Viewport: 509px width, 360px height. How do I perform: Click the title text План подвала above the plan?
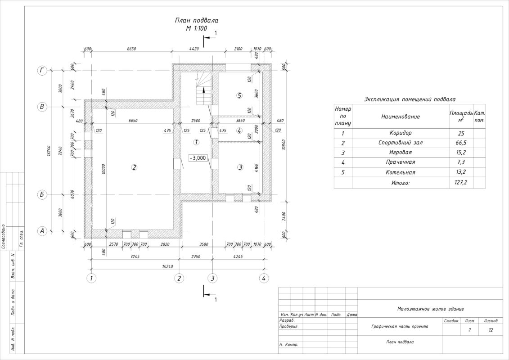197,21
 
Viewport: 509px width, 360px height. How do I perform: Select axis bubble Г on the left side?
42,71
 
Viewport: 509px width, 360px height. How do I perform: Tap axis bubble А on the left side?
42,231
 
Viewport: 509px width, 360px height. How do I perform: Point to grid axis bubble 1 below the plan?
91,278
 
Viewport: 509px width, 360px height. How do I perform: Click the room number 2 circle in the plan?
134,167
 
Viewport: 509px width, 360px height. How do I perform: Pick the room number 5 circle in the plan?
239,95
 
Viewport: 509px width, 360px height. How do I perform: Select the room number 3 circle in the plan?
240,167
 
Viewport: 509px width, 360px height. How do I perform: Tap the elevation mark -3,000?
198,158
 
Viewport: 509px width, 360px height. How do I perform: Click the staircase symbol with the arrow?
203,94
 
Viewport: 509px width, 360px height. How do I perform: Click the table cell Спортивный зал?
400,143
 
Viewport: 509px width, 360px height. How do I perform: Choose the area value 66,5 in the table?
461,143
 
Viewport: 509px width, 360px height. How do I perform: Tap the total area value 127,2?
461,183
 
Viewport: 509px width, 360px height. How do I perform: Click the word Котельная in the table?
400,172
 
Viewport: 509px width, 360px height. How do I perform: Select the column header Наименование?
400,117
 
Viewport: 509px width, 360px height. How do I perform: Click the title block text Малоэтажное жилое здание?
430,309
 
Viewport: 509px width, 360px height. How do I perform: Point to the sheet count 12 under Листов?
490,330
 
